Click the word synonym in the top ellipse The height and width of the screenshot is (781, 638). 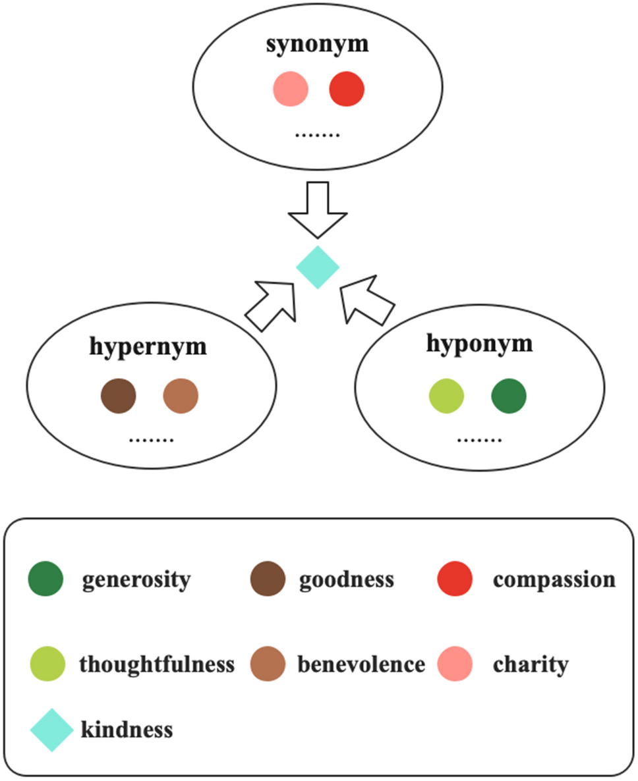[317, 45]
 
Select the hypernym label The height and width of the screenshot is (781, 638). [148, 347]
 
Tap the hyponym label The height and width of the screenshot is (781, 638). [479, 344]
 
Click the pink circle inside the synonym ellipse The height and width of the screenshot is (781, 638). [291, 89]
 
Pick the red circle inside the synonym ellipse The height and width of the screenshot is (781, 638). [347, 89]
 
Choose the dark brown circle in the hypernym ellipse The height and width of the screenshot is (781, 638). [119, 396]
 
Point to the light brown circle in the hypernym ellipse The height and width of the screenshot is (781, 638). [181, 396]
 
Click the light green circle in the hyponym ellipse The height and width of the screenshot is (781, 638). [446, 396]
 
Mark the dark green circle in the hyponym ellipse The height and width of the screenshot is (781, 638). [509, 396]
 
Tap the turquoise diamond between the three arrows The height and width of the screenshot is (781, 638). [318, 267]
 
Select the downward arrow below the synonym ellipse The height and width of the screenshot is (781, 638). [318, 210]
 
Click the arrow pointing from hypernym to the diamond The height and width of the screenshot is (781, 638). [270, 304]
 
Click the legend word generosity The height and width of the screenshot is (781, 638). [136, 580]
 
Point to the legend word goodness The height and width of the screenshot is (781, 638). [347, 580]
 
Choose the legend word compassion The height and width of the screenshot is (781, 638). [554, 580]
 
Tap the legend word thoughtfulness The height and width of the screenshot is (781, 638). [157, 664]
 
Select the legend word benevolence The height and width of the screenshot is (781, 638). [361, 664]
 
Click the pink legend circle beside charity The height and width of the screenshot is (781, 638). [455, 664]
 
